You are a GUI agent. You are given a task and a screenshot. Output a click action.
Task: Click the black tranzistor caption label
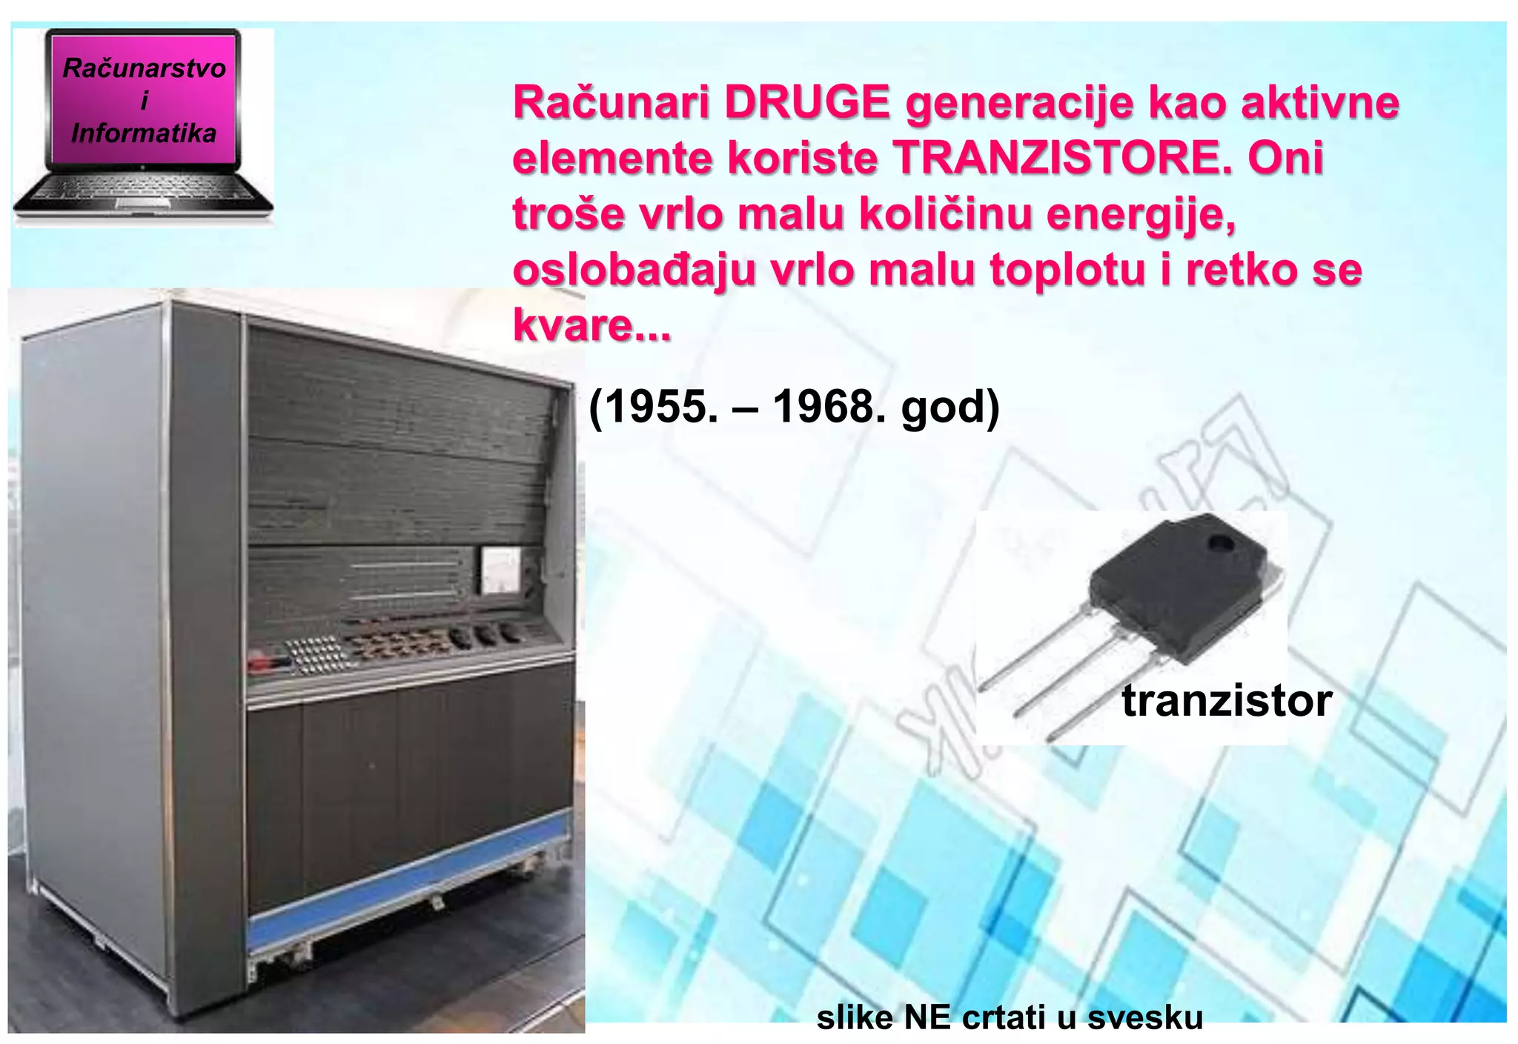point(1227,700)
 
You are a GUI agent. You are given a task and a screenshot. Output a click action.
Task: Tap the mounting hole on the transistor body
point(1221,545)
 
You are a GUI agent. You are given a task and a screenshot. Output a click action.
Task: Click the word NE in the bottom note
point(927,1017)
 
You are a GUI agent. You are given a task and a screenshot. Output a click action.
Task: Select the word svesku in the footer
point(1144,1017)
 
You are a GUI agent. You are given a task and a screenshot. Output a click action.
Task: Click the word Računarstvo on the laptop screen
point(144,68)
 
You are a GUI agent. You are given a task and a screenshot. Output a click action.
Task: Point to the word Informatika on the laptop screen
point(144,133)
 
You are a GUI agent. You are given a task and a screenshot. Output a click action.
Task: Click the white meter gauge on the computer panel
point(501,570)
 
